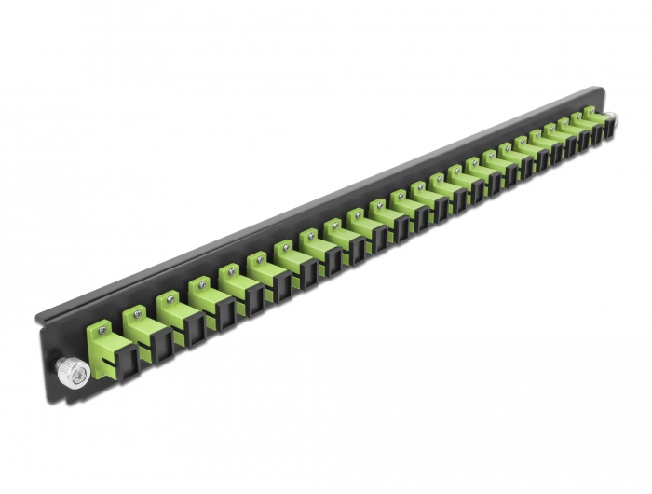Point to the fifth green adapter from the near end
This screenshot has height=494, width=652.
tap(234, 276)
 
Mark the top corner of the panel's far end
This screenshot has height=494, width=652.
tap(600, 89)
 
